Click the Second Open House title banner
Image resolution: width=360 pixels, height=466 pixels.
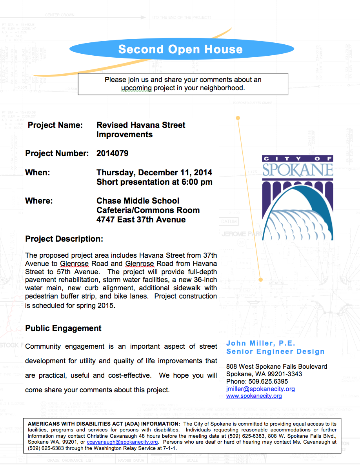180,49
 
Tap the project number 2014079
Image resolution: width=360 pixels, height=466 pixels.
113,153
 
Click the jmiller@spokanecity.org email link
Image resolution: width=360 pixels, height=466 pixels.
260,389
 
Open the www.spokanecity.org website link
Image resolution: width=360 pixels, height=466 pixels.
254,396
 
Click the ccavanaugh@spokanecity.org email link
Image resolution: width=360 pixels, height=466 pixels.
122,442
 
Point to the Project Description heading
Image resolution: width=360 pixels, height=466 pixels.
64,239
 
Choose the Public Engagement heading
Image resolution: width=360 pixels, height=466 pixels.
63,328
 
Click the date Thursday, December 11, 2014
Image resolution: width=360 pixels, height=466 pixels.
154,173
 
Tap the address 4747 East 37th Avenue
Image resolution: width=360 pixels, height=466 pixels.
141,220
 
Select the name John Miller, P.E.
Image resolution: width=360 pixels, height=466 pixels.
261,344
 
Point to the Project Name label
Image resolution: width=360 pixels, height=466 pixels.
55,125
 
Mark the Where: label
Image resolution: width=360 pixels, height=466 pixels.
39,201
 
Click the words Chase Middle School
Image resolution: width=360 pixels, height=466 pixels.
138,201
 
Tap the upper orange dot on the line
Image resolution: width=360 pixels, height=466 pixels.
238,118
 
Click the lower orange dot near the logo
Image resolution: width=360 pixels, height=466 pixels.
260,280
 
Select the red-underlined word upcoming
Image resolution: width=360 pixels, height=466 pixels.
136,88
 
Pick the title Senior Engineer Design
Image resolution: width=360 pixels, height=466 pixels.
275,351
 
